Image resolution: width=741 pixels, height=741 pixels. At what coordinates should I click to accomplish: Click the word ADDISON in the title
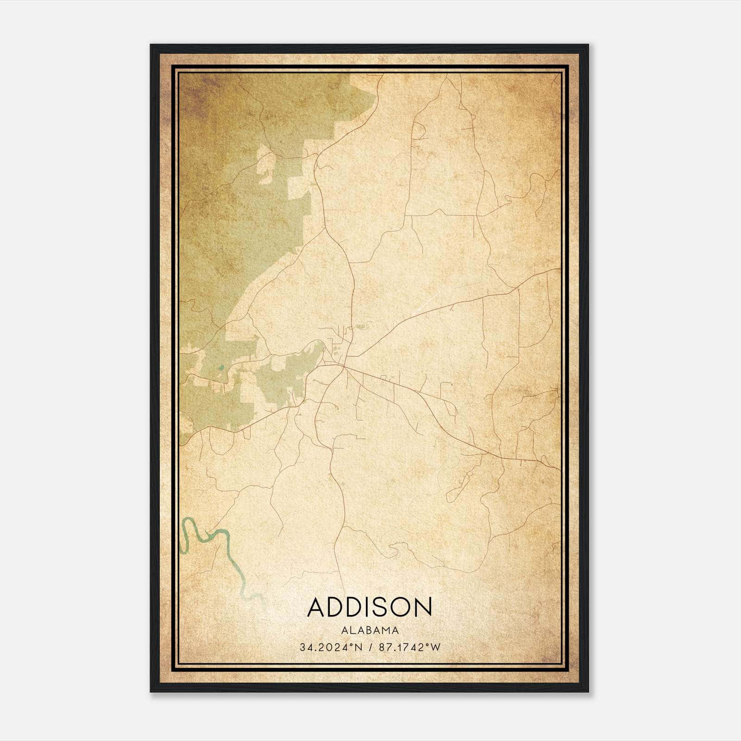coord(370,607)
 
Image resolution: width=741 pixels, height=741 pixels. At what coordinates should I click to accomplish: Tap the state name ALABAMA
coord(370,630)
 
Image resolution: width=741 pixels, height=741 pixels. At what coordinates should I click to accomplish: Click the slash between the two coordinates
coord(370,647)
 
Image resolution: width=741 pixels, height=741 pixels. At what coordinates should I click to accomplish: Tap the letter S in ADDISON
coord(379,607)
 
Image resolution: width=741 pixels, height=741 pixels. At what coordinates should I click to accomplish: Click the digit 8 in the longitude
coord(382,647)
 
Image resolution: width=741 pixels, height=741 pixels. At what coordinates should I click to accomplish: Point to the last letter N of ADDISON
coord(422,607)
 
